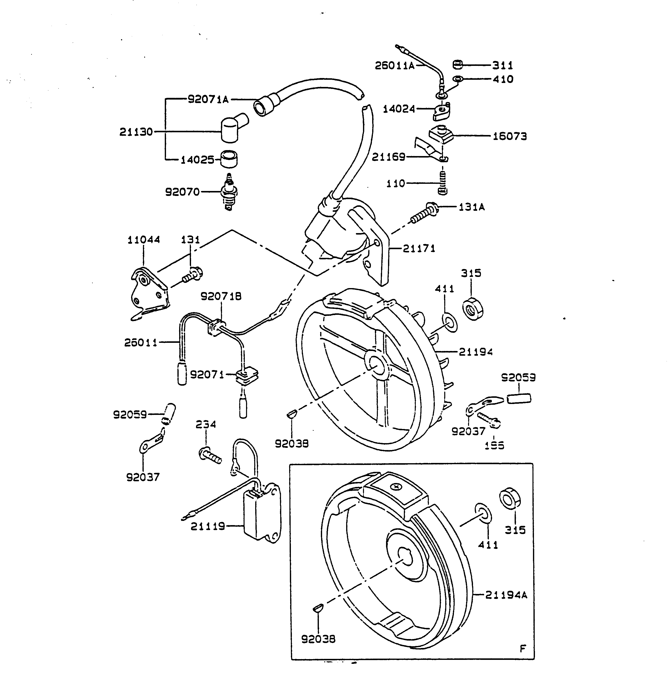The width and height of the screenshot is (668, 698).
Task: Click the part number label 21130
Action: pyautogui.click(x=136, y=132)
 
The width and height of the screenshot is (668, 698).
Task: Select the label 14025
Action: pyautogui.click(x=197, y=160)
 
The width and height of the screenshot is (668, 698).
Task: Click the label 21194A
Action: pyautogui.click(x=506, y=595)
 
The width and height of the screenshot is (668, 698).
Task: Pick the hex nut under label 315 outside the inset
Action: pyautogui.click(x=473, y=309)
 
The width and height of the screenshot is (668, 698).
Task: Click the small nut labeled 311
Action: pyautogui.click(x=458, y=65)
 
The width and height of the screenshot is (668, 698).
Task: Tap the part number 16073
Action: pyautogui.click(x=509, y=136)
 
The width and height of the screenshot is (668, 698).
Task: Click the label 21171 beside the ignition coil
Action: pyautogui.click(x=419, y=248)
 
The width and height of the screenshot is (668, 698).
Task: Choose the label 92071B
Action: pyautogui.click(x=221, y=296)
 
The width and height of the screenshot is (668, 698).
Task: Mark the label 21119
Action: pyautogui.click(x=208, y=526)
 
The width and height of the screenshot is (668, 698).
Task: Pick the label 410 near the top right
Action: pyautogui.click(x=503, y=79)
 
